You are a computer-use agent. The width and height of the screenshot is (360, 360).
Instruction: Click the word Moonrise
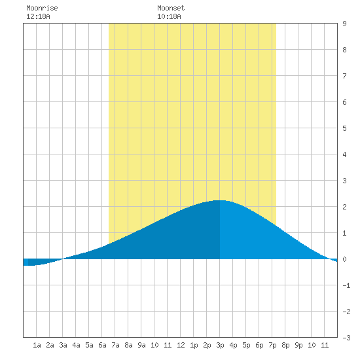coord(42,8)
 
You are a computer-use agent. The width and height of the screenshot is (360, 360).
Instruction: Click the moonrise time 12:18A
coord(38,16)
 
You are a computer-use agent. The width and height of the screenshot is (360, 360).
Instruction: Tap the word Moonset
coord(171,8)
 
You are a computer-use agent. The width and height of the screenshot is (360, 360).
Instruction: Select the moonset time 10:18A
coord(169,16)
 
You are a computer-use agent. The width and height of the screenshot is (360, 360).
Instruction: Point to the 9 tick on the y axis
coord(344,24)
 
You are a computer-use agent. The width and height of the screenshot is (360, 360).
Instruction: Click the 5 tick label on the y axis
coord(344,128)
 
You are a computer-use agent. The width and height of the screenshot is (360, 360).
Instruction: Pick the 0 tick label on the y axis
coord(344,259)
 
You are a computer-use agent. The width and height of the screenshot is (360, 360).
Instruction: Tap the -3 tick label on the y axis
coord(346,338)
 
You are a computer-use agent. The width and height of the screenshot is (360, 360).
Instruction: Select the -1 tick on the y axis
coord(346,285)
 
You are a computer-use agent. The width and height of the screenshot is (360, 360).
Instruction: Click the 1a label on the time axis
coord(37,345)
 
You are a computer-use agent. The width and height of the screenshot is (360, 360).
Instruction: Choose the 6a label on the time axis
coord(102,345)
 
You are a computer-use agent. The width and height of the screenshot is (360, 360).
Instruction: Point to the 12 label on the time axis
coord(181,345)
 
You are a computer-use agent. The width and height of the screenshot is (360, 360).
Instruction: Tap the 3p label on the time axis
coord(220,345)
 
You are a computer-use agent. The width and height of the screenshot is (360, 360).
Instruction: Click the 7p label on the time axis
coord(272,345)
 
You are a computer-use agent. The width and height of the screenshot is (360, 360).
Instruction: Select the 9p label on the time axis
coord(298,345)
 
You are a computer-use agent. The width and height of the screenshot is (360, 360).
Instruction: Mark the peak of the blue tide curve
coord(219,200)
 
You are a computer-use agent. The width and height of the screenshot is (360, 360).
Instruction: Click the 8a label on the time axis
coord(128,345)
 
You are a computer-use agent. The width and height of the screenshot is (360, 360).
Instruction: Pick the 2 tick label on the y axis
coord(344,207)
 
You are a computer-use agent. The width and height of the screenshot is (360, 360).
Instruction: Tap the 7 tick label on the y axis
coord(344,76)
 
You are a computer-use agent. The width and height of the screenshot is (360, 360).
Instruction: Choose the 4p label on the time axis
coord(233,345)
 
